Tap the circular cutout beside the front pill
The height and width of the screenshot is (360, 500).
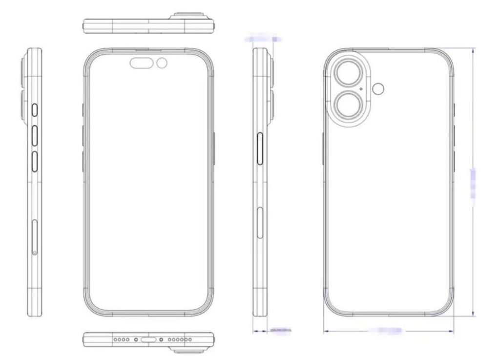tap(162, 63)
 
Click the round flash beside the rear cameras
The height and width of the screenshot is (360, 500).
tap(377, 88)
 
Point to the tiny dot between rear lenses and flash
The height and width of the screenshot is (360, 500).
tap(361, 89)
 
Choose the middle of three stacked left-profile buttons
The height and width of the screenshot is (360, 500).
tap(35, 135)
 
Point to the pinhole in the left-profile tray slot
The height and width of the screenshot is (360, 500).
tap(35, 252)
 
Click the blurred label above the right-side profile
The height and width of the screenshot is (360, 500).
tap(264, 38)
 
